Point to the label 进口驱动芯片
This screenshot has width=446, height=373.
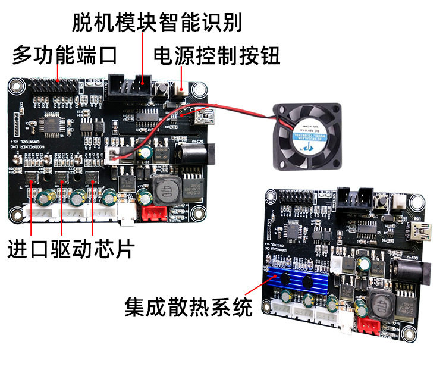[70, 249]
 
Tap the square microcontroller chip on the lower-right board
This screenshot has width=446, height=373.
[295, 230]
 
